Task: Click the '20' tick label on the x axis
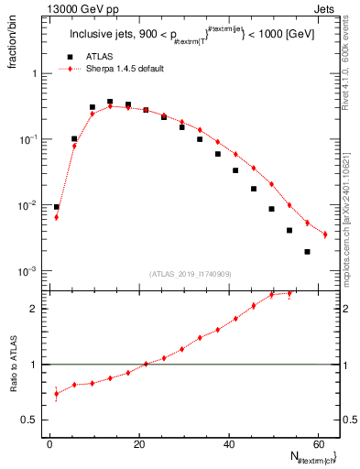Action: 139,444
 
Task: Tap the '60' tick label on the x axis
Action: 317,444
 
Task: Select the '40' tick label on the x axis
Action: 228,444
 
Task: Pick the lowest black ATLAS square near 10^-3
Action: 307,252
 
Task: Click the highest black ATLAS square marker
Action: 110,102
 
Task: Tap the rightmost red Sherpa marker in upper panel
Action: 325,234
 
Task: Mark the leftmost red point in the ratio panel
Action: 57,394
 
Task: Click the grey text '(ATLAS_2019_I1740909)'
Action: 192,274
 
